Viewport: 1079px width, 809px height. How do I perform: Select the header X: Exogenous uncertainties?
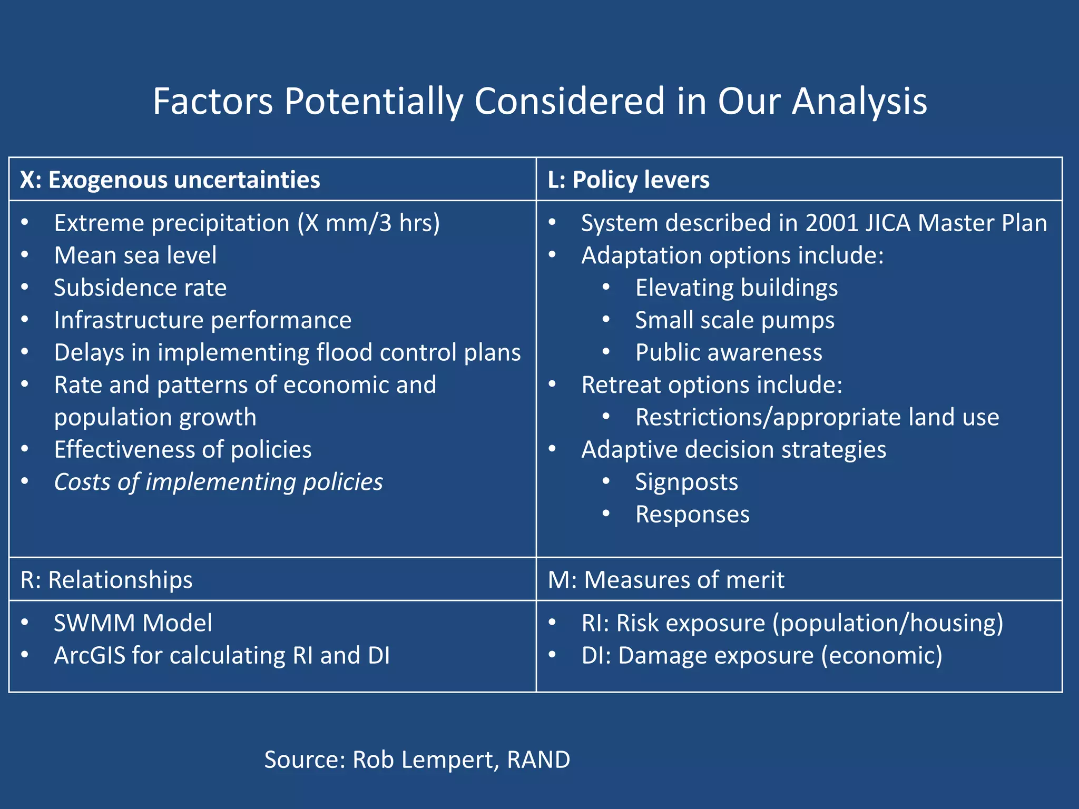click(x=170, y=180)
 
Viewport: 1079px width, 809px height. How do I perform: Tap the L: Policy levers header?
click(x=628, y=180)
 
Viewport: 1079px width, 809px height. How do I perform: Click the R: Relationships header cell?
click(x=106, y=579)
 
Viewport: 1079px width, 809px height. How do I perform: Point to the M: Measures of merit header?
click(x=666, y=579)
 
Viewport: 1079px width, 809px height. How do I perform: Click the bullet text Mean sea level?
click(x=135, y=255)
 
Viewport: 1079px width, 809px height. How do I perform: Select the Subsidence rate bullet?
click(x=140, y=288)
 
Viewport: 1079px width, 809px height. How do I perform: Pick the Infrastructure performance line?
click(x=202, y=320)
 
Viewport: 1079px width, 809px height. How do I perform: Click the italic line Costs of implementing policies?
click(x=218, y=482)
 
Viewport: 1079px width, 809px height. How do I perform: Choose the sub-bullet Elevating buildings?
click(x=736, y=288)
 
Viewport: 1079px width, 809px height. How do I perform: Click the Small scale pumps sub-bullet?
click(x=734, y=320)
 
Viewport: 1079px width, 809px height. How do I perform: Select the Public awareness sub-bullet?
click(x=728, y=352)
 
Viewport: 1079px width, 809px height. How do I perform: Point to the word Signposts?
click(x=686, y=482)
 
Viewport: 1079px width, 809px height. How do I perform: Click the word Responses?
click(x=692, y=515)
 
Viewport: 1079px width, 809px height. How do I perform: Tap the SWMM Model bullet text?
click(x=133, y=623)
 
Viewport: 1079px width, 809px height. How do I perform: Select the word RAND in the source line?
click(x=538, y=759)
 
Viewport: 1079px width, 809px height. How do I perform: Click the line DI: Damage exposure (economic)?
click(x=761, y=656)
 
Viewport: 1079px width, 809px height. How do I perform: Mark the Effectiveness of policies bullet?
click(x=182, y=450)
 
